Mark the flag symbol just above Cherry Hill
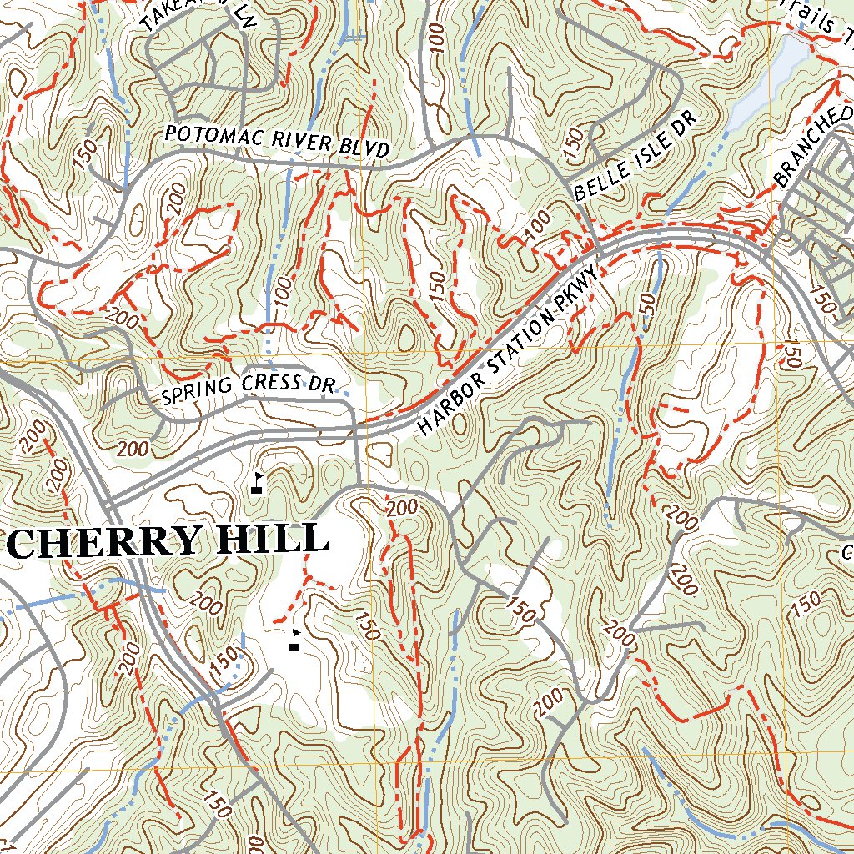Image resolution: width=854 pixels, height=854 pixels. pos(257,483)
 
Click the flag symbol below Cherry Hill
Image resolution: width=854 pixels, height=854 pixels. pos(294,640)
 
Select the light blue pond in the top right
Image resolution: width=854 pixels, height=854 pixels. pos(771,79)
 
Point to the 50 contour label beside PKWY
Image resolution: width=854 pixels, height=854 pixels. pos(646,304)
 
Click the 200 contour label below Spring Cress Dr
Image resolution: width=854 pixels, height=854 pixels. pos(133,449)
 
